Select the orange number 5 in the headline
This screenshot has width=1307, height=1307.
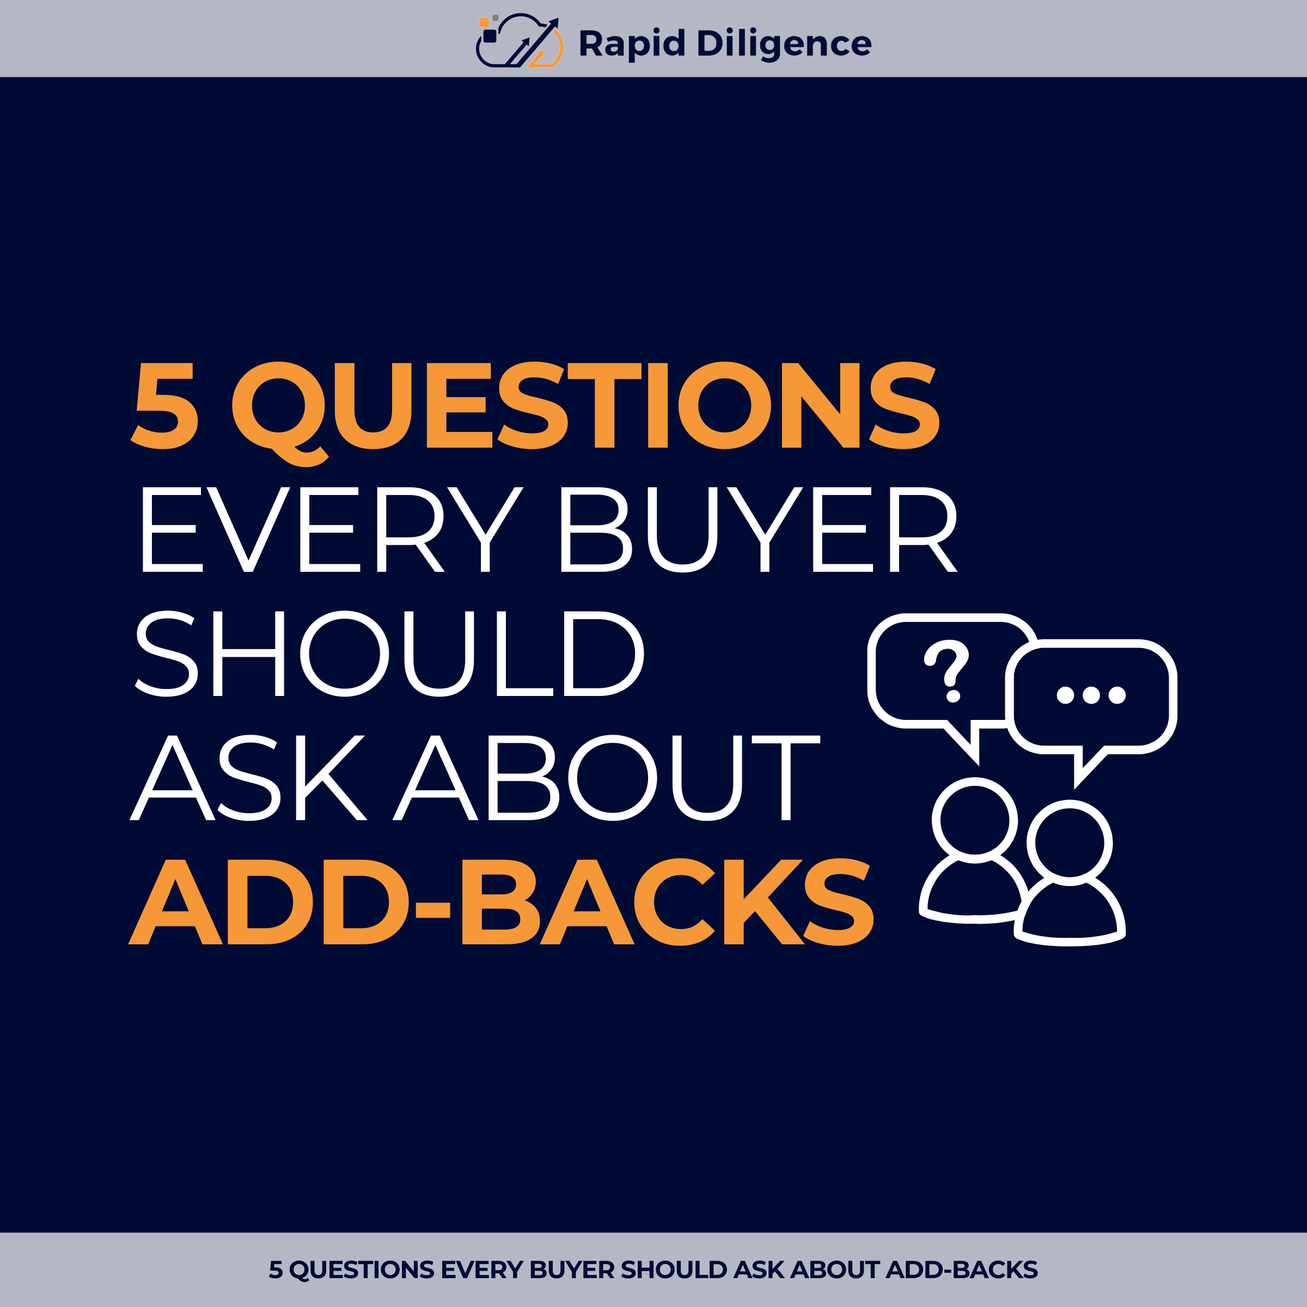coord(165,405)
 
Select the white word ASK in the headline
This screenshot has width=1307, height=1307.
coord(248,778)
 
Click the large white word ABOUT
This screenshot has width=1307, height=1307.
coord(606,778)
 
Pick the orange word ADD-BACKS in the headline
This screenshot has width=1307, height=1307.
coord(501,902)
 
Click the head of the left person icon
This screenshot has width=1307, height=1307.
coord(975,821)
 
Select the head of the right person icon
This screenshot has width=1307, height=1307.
coord(1070,843)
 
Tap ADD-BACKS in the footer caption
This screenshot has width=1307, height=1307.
coord(961,1270)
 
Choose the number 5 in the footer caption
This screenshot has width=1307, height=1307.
coord(276,1270)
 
